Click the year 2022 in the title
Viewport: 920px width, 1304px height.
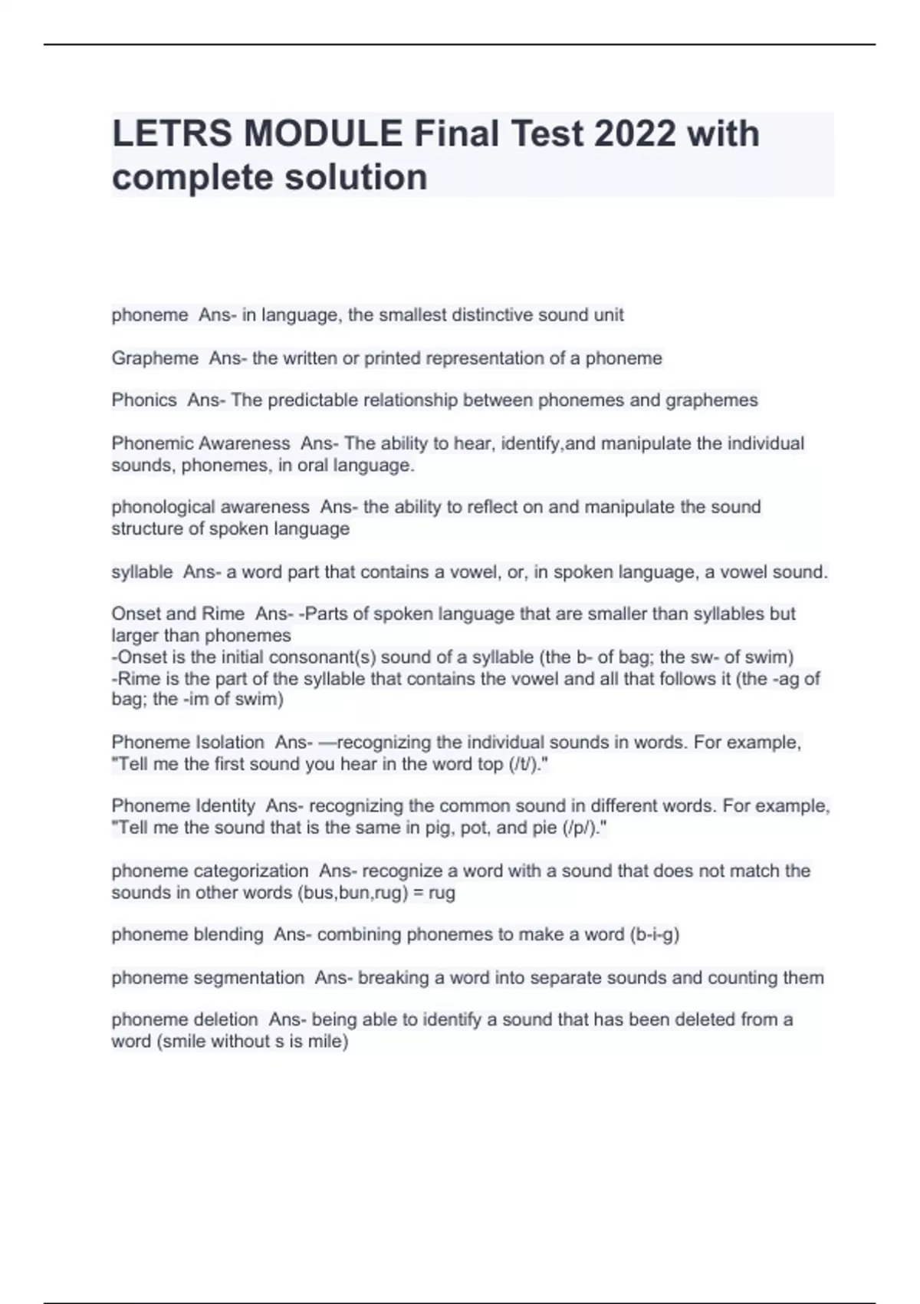pyautogui.click(x=635, y=133)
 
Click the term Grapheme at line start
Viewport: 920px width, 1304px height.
pyautogui.click(x=155, y=358)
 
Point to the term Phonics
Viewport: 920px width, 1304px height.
pyautogui.click(x=144, y=400)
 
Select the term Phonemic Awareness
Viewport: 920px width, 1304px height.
pyautogui.click(x=201, y=443)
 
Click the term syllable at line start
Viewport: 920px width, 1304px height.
pyautogui.click(x=142, y=571)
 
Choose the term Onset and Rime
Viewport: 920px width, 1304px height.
pyautogui.click(x=178, y=614)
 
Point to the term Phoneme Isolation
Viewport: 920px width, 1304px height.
pyautogui.click(x=188, y=743)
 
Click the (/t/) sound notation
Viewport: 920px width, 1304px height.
pyautogui.click(x=525, y=764)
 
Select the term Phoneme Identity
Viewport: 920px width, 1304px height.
pyautogui.click(x=183, y=806)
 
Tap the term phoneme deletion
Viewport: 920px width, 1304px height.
pyautogui.click(x=185, y=1019)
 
